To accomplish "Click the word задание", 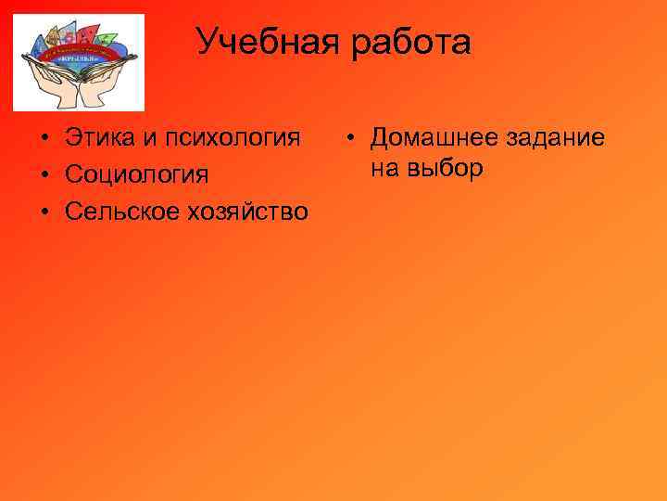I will (x=555, y=139).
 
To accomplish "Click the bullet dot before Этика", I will (x=44, y=139).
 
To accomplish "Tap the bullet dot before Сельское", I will (x=44, y=212).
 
